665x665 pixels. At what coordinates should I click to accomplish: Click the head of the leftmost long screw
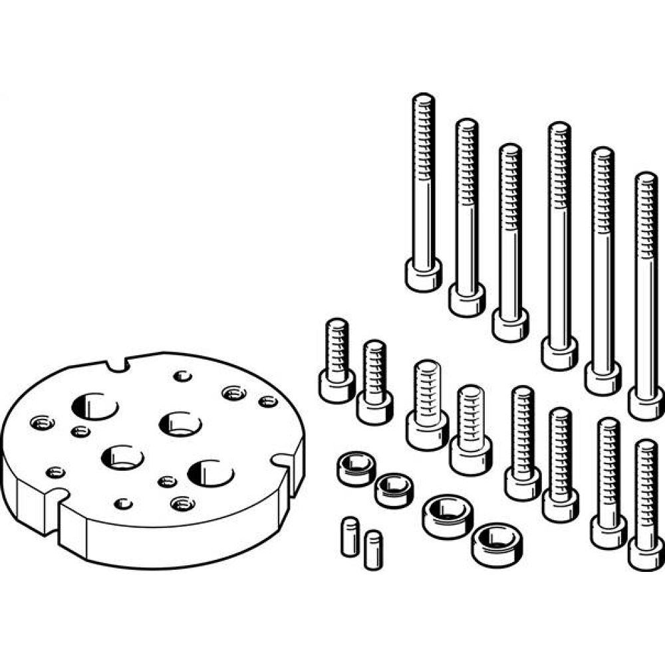point(423,275)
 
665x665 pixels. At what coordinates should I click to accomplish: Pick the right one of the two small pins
point(374,548)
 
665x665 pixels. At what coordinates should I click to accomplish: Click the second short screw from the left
point(374,382)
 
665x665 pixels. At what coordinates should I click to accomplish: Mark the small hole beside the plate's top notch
point(182,376)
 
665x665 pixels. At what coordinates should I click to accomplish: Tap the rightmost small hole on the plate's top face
point(267,401)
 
